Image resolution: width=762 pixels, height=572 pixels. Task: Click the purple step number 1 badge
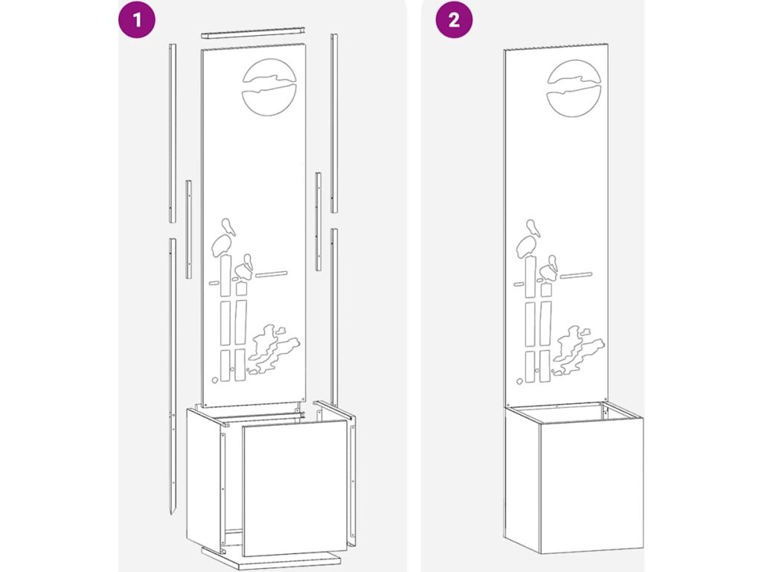(x=137, y=19)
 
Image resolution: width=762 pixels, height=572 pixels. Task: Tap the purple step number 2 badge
(x=453, y=19)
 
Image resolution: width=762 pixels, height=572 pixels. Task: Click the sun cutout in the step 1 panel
(x=269, y=88)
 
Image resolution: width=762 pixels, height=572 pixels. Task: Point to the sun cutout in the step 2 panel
(x=574, y=89)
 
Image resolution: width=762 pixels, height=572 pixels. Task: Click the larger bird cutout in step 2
(x=529, y=240)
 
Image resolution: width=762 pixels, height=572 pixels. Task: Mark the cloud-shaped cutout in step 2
(x=578, y=349)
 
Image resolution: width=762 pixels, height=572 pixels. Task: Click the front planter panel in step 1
(x=295, y=488)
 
